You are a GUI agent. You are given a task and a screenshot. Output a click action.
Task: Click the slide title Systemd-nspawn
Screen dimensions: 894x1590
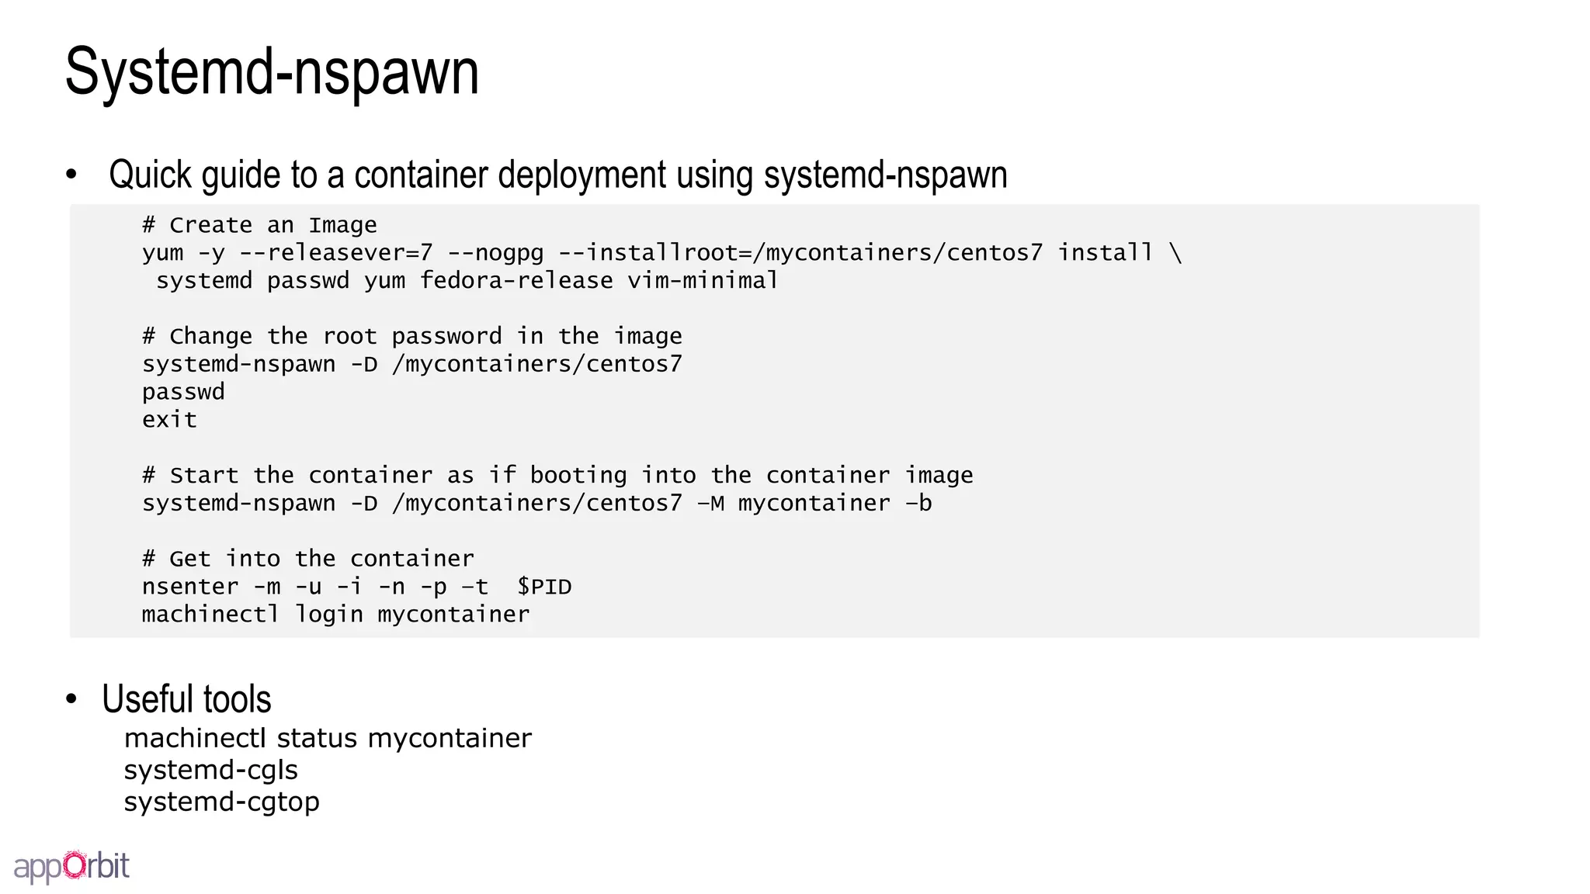[272, 71]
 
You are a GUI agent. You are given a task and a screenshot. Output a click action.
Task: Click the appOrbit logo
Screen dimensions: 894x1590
[71, 866]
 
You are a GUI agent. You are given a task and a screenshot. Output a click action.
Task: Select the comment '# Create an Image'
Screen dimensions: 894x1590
[259, 225]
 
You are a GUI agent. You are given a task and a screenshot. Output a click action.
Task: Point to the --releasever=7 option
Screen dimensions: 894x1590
[335, 253]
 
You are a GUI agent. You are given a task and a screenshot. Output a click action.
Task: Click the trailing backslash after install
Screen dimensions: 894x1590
[1175, 253]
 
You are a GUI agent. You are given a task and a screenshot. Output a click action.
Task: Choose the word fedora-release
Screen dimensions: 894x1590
[516, 280]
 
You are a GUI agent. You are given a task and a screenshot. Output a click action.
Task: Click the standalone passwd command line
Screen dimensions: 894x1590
[183, 392]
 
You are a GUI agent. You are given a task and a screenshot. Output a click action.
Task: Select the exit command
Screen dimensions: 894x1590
[169, 420]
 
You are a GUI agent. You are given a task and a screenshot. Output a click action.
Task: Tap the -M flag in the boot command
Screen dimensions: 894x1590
[710, 504]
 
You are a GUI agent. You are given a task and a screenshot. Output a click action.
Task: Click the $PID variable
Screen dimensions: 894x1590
[544, 587]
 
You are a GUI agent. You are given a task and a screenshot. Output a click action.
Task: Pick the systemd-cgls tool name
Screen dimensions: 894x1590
[210, 770]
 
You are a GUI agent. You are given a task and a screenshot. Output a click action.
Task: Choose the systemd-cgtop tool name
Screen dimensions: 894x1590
[221, 802]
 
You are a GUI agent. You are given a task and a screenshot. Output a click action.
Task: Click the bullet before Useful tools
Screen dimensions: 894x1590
[72, 699]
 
